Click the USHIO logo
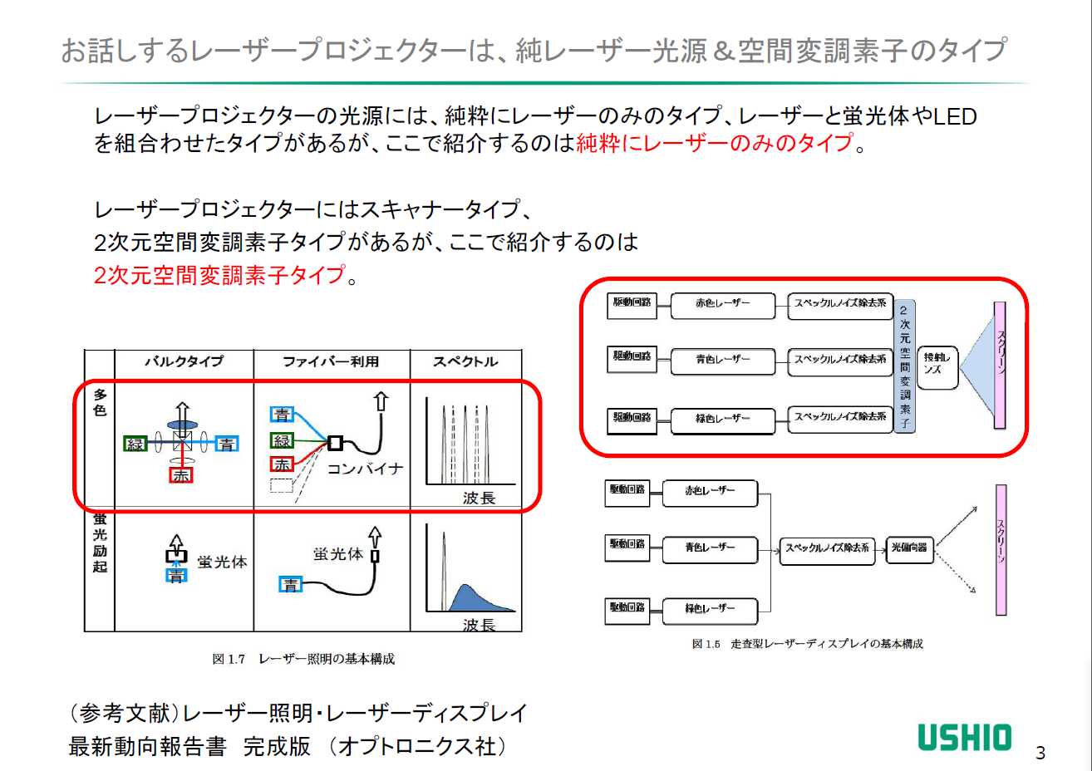click(x=964, y=738)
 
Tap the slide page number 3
click(x=1040, y=753)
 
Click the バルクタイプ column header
click(x=184, y=361)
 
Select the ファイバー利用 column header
click(x=331, y=361)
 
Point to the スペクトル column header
click(x=465, y=361)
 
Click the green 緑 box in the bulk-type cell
click(x=135, y=444)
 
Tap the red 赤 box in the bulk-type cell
click(x=180, y=475)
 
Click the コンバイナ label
click(x=365, y=469)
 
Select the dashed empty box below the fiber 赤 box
click(x=282, y=485)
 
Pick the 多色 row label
click(x=100, y=402)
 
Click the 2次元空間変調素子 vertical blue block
click(x=904, y=366)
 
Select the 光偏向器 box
click(x=909, y=548)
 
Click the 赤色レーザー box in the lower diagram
click(x=710, y=492)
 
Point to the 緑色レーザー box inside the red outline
click(x=722, y=420)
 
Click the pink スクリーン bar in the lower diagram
click(x=1001, y=550)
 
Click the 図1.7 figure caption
click(x=303, y=659)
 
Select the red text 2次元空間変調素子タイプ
click(x=219, y=275)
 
